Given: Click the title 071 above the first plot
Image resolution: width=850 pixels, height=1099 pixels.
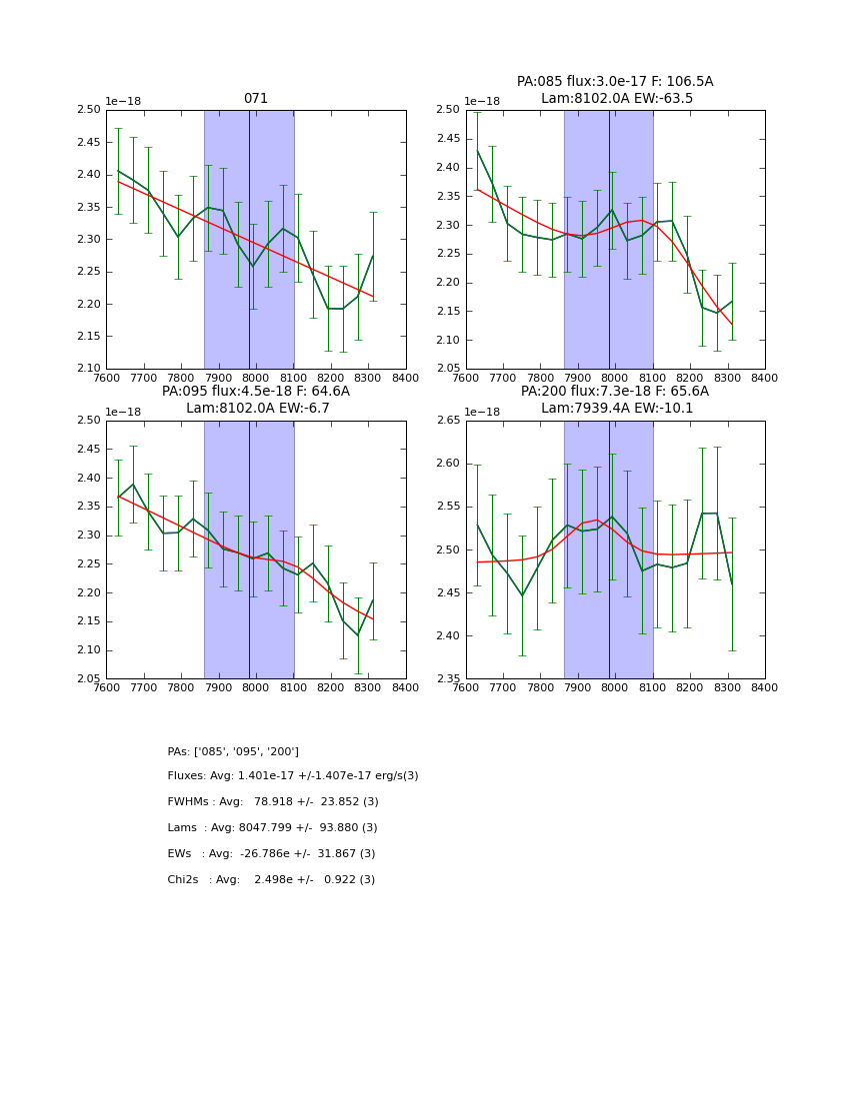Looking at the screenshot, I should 256,99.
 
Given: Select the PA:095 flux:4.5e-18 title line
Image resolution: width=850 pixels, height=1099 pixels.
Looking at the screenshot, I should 256,392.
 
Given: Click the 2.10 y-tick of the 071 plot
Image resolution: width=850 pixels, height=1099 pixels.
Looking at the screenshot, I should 88,369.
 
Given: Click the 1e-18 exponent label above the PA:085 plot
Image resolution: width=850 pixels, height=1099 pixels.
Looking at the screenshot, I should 483,101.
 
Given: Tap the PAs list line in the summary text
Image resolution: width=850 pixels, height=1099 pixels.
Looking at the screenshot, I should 233,751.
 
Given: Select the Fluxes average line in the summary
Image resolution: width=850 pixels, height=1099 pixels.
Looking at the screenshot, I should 293,776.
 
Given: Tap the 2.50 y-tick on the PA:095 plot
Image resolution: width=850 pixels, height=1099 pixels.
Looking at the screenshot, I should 88,421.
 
